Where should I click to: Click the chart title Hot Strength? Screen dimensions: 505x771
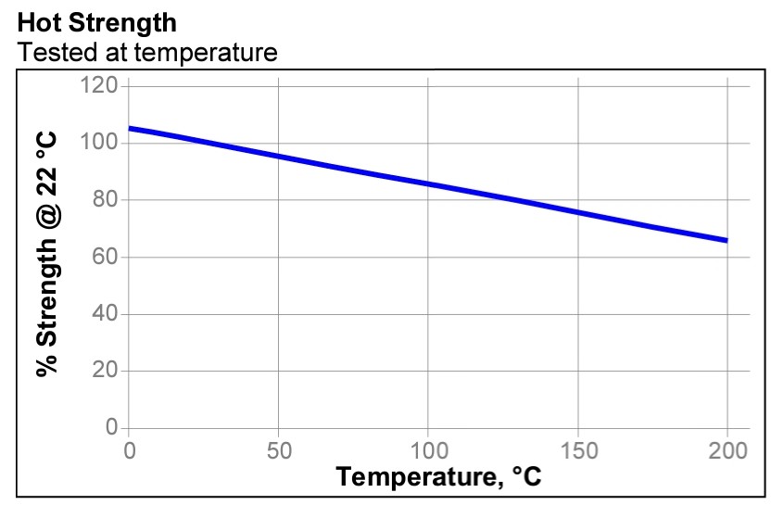[x=97, y=21]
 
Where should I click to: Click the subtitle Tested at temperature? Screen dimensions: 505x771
[x=147, y=52]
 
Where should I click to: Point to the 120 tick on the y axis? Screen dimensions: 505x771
[x=99, y=86]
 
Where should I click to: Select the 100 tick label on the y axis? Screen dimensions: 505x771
[x=99, y=144]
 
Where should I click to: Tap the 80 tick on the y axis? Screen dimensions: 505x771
[x=105, y=200]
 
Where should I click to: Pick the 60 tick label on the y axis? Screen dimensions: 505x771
[x=105, y=258]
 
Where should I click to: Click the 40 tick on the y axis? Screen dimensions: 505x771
[x=105, y=314]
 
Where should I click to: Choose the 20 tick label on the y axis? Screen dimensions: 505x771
[x=105, y=372]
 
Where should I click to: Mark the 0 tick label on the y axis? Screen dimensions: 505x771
[x=111, y=428]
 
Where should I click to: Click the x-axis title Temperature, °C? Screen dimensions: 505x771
[x=438, y=478]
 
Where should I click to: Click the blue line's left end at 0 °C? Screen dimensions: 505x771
[x=130, y=129]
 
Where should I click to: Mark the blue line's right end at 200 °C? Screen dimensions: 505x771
[x=727, y=240]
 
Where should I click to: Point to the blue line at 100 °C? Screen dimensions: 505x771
[x=428, y=183]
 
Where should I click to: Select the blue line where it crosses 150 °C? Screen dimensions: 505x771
[x=578, y=212]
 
